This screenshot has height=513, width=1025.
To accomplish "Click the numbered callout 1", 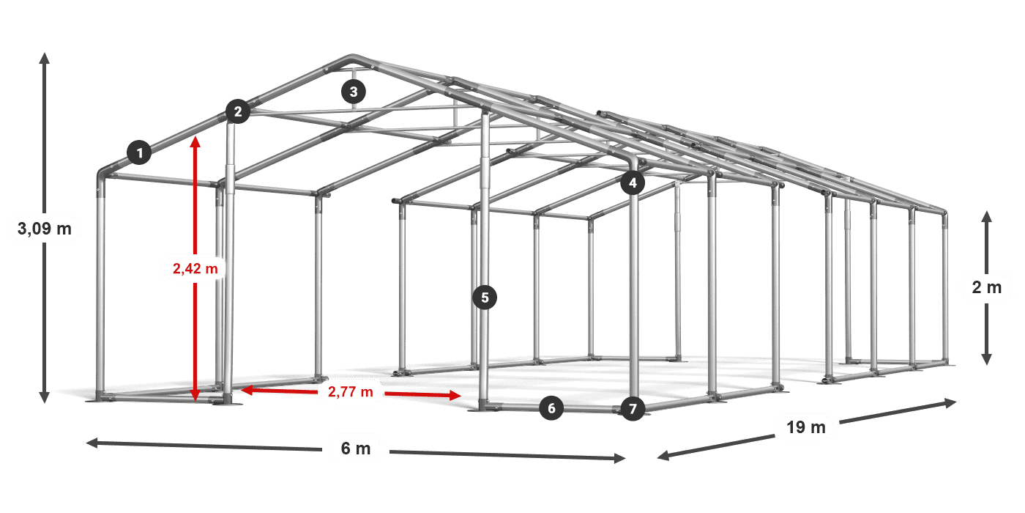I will [x=139, y=152].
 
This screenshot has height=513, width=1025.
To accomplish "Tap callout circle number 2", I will [x=237, y=111].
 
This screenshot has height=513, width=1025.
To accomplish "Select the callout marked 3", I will [x=354, y=92].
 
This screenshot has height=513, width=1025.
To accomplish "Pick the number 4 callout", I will [x=633, y=183].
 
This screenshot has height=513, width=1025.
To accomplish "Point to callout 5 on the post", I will [x=485, y=297].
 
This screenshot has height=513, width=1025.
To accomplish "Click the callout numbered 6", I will [x=551, y=408].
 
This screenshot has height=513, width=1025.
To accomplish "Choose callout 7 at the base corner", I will [x=633, y=408].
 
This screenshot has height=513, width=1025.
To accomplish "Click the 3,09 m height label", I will [x=45, y=229].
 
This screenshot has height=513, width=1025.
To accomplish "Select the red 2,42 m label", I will [x=195, y=269].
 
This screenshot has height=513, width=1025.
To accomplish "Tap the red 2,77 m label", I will [x=351, y=392].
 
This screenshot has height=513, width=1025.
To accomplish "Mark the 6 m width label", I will [x=356, y=448].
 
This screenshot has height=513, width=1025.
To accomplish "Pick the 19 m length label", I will [x=806, y=427].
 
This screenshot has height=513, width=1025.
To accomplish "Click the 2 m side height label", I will [x=986, y=287].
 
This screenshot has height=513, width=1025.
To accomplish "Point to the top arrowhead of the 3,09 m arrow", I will [x=45, y=56].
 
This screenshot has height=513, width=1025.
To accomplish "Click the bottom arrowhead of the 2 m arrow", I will [x=986, y=361].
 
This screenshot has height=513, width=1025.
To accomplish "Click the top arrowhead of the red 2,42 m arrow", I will [x=195, y=140].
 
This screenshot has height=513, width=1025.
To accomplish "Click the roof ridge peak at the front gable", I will [x=351, y=57].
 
